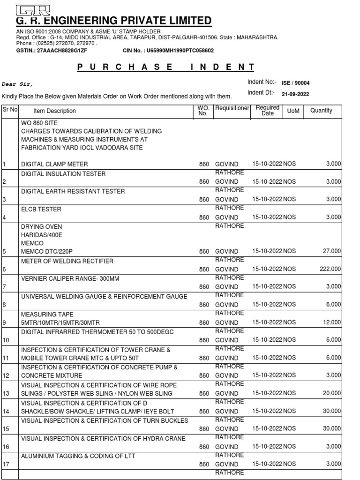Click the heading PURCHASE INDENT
pyautogui.click(x=166, y=67)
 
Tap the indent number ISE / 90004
pyautogui.click(x=295, y=83)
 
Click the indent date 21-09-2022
pyautogui.click(x=295, y=94)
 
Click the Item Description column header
pyautogui.click(x=54, y=111)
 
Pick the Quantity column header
pyautogui.click(x=321, y=111)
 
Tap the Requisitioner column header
pyautogui.click(x=232, y=108)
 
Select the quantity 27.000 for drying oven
pyautogui.click(x=331, y=251)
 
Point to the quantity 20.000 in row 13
pyautogui.click(x=331, y=393)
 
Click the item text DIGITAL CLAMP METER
pyautogui.click(x=55, y=164)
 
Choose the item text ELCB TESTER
pyautogui.click(x=41, y=209)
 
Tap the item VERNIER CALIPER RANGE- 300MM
pyautogui.click(x=70, y=278)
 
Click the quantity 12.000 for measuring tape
pyautogui.click(x=331, y=322)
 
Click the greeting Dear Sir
pyautogui.click(x=18, y=84)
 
